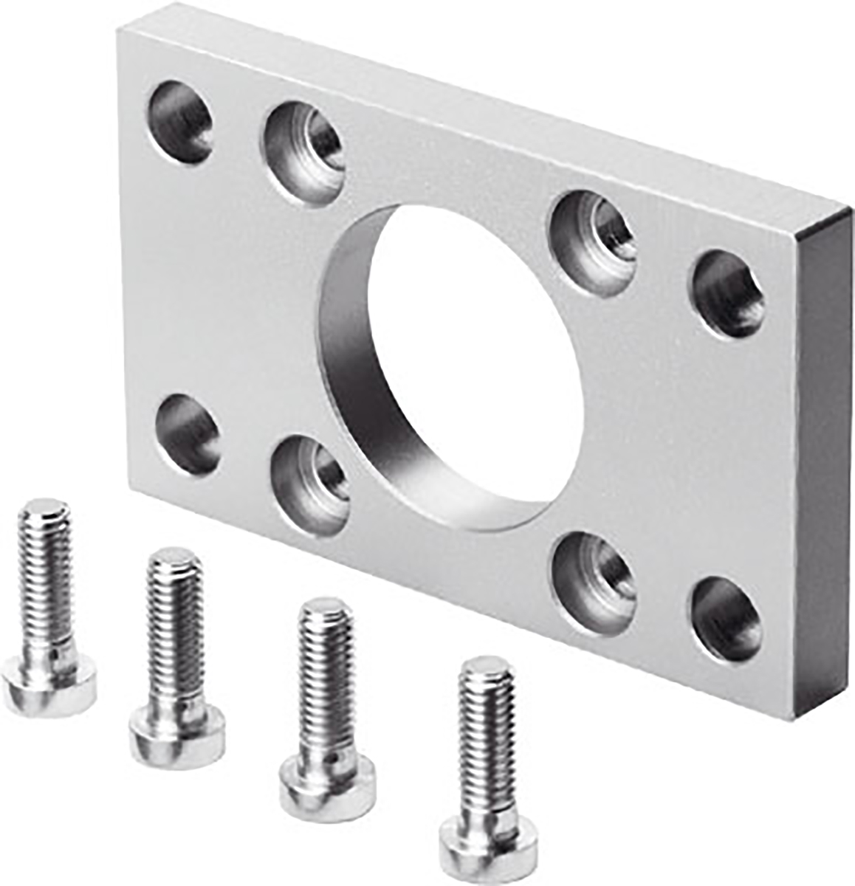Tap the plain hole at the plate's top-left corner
[x=180, y=121]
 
